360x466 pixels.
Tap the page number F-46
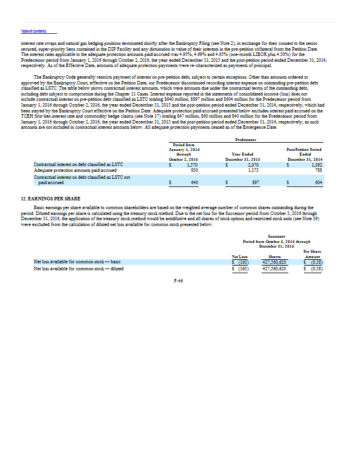[x=179, y=281]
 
